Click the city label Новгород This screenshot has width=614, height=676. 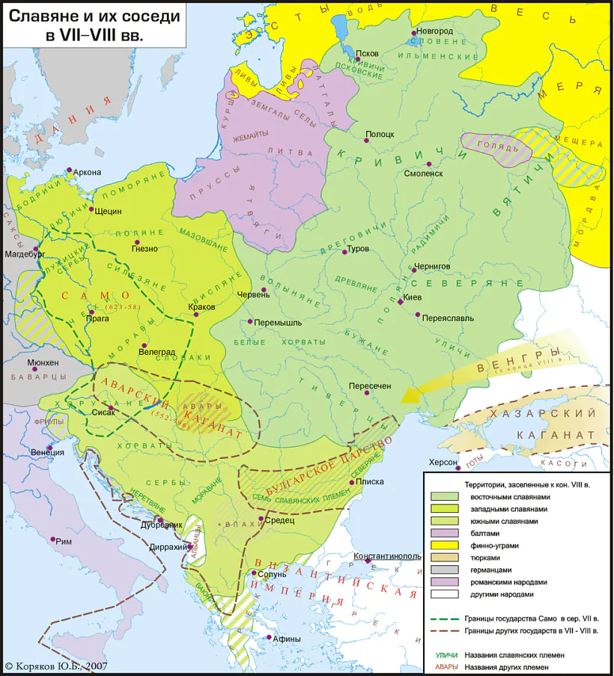point(435,31)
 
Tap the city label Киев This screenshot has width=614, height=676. point(413,297)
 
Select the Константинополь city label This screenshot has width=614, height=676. point(388,556)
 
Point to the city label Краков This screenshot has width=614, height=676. point(201,306)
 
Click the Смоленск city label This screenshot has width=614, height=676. point(425,173)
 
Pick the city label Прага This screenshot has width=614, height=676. point(97,318)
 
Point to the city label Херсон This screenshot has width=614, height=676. point(443,462)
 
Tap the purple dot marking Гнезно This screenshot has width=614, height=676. point(136,242)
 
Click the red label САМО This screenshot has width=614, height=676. point(87,295)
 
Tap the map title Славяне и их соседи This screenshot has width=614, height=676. point(94,16)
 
